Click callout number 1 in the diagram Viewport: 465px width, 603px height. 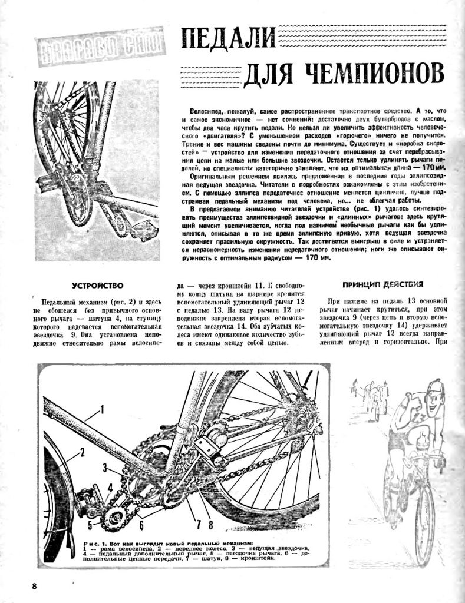[101, 408]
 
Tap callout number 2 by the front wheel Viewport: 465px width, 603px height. [83, 452]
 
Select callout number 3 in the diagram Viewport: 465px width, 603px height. [104, 469]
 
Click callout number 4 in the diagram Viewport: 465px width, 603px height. [110, 488]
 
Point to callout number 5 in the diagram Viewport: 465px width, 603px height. [90, 522]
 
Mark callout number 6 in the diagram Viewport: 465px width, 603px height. [141, 523]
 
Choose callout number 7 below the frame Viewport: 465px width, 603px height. [199, 523]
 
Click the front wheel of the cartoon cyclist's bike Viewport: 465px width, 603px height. [424, 518]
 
